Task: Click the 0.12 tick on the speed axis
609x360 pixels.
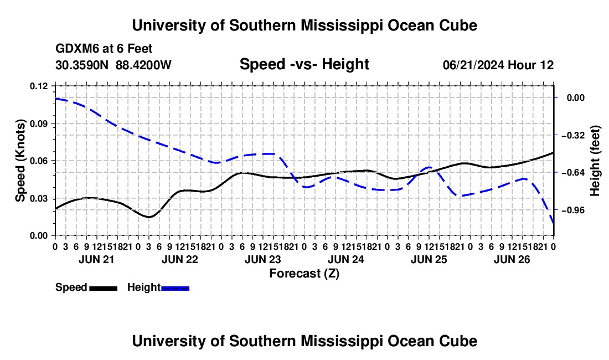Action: click(39, 86)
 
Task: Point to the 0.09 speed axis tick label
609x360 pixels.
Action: click(39, 124)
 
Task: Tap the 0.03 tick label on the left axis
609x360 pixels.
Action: click(39, 198)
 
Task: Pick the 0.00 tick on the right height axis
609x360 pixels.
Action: click(576, 97)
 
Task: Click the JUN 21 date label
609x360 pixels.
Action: click(97, 259)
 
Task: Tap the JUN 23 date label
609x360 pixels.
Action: click(263, 259)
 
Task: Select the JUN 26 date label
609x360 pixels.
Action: click(512, 259)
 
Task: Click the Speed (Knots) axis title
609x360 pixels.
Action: click(20, 161)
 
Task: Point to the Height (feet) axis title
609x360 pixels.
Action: click(595, 161)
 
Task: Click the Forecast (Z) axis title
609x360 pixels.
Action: click(304, 274)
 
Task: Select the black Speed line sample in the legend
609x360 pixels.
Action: click(104, 288)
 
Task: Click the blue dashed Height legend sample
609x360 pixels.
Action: click(175, 288)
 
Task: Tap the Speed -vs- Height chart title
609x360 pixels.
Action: click(304, 64)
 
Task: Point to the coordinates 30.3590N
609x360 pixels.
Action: click(82, 65)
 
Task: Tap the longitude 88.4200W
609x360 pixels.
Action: click(143, 65)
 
